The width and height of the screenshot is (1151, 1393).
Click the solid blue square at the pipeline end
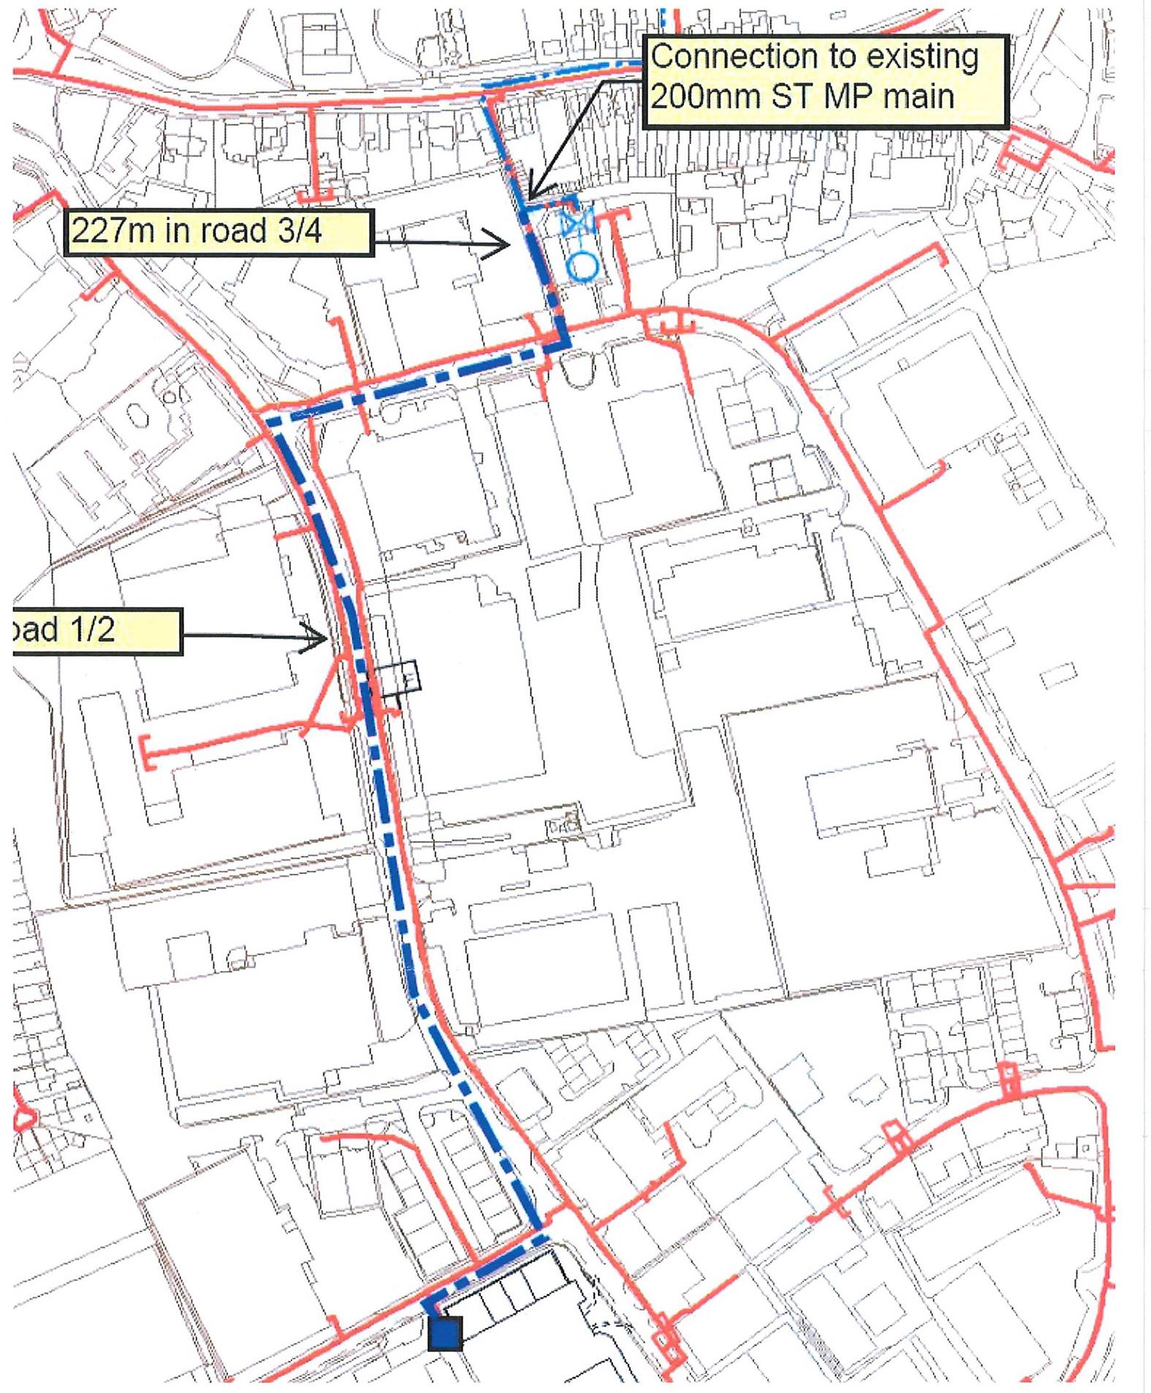tap(445, 1332)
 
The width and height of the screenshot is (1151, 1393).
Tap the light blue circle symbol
tap(582, 267)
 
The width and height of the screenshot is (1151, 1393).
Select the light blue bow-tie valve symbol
tap(577, 222)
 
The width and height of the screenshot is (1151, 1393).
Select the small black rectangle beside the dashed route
tap(399, 678)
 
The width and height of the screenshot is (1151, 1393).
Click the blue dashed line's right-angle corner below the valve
tap(563, 347)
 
